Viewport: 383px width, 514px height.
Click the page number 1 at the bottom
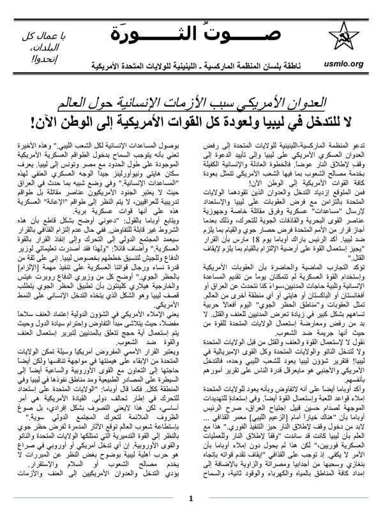(191, 499)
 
